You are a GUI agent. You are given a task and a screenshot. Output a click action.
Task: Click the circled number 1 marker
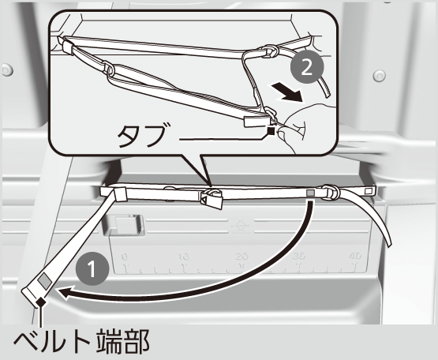92,268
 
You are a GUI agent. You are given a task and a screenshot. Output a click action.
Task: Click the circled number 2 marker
307,67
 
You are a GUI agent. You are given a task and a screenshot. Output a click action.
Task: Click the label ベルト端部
81,342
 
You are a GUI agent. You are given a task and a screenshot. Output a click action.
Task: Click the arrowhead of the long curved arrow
65,294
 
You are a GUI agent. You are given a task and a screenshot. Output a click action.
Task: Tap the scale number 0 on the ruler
125,257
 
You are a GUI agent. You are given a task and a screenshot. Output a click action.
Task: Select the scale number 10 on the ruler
184,257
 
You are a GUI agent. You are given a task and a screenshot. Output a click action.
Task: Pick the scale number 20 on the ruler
241,257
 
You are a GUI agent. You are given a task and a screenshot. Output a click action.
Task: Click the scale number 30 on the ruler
299,256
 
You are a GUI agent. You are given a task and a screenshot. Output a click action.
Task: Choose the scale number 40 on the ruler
355,256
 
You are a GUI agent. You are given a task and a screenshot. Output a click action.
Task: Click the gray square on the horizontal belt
310,193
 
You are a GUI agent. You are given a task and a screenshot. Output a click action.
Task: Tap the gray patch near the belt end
45,281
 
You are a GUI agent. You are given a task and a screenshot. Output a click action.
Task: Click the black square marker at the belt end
41,302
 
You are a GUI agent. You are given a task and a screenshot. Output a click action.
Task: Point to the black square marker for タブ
271,130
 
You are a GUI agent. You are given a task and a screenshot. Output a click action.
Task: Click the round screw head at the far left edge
7,70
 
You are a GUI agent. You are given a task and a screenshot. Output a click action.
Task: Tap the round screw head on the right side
380,75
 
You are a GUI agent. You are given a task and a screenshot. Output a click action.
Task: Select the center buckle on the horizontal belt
212,197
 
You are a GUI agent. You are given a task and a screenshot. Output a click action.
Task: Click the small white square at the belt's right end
369,191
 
